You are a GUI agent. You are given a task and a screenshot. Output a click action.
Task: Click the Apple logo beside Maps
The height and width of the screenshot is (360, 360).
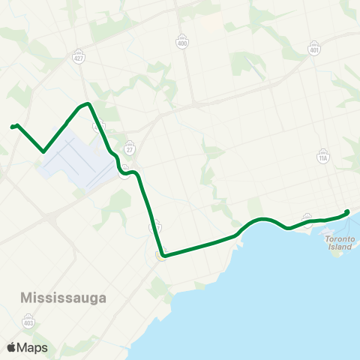click(x=11, y=347)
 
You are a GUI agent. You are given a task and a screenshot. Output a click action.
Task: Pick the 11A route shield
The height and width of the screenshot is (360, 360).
click(x=323, y=157)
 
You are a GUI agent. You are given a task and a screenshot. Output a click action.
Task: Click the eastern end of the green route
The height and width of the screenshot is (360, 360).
click(x=348, y=211)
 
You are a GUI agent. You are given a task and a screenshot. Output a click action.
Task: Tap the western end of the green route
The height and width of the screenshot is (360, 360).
click(x=12, y=127)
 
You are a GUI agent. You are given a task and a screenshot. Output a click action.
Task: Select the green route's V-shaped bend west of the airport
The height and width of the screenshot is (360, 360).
click(x=43, y=151)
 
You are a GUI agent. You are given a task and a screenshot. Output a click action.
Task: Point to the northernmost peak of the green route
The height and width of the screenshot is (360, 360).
click(x=88, y=103)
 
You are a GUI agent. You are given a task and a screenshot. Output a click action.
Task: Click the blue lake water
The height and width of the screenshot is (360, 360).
click(x=285, y=300)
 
